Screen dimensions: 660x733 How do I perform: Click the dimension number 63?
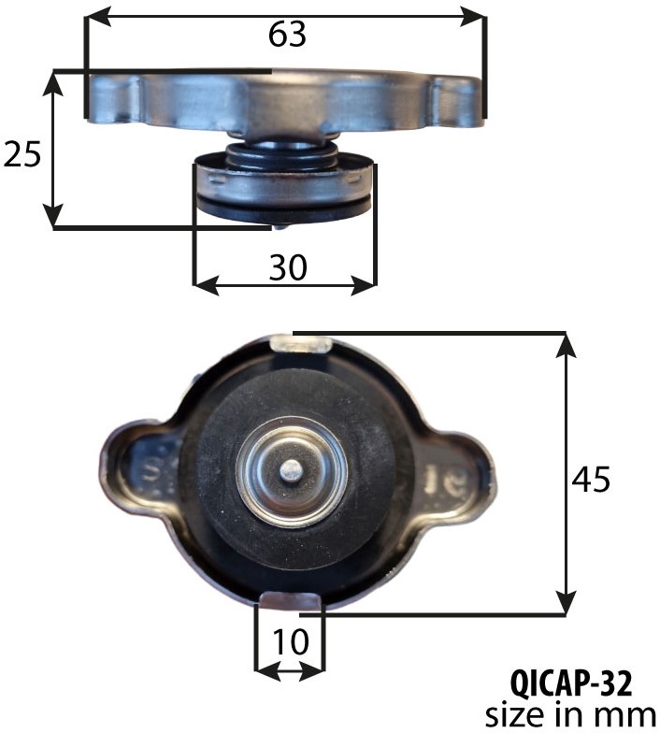tap(287, 35)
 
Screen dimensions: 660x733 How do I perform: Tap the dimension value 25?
tap(22, 153)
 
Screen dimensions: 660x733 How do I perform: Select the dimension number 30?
tap(288, 267)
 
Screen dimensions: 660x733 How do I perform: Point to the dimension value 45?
tap(591, 479)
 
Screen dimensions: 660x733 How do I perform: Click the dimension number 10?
tap(290, 641)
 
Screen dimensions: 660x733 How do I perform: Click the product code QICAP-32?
tap(570, 683)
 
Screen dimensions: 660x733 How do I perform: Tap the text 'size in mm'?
tap(570, 715)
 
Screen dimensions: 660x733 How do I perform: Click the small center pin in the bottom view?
tap(292, 469)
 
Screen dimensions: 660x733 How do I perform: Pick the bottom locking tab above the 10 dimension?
tap(290, 600)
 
